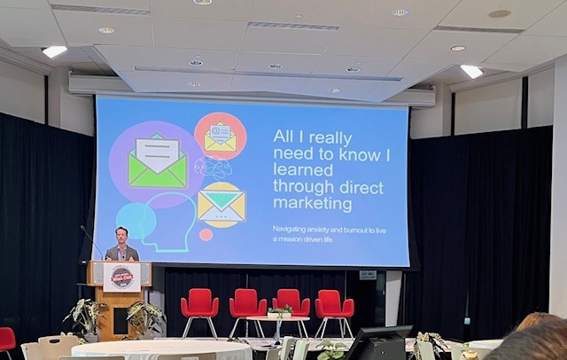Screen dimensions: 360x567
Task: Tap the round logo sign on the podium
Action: [121, 277]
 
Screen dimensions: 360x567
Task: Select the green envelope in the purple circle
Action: [157, 163]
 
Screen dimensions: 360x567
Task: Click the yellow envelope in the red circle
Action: [220, 136]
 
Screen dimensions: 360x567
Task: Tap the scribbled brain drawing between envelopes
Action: [213, 168]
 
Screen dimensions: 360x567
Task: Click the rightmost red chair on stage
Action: [333, 308]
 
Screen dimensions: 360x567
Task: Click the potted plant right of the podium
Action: [145, 317]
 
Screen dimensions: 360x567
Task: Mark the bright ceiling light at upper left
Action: [54, 51]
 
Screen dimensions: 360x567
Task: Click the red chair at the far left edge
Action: [7, 340]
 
